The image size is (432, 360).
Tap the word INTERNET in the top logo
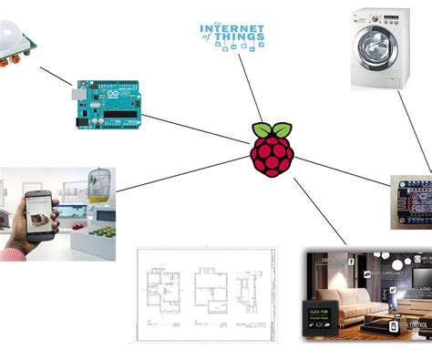coord(232,28)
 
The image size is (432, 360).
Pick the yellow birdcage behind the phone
coord(100,187)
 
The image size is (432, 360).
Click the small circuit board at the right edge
coord(413,201)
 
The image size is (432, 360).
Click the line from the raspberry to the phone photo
coord(182,174)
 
